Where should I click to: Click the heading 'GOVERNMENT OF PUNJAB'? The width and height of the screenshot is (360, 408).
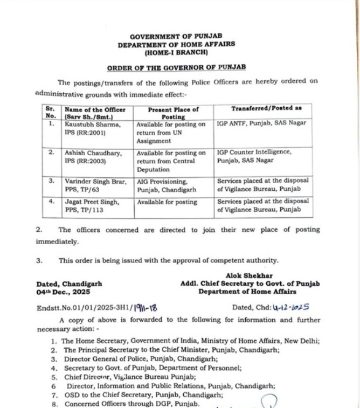[x=176, y=37]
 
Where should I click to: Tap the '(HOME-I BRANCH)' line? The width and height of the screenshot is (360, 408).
[x=176, y=53]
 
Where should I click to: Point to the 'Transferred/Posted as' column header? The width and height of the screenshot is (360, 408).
[x=266, y=108]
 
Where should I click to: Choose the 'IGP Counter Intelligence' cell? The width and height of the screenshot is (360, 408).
[x=254, y=156]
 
